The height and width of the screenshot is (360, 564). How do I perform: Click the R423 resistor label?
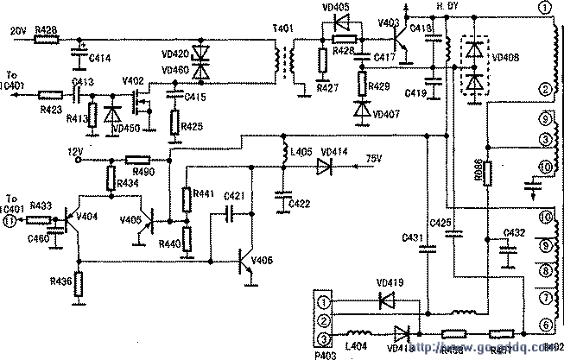(49, 110)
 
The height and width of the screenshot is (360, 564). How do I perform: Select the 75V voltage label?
(373, 157)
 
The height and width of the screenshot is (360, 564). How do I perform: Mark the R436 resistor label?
(60, 281)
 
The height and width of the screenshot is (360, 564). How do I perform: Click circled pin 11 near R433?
(10, 220)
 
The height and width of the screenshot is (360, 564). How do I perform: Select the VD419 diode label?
(390, 281)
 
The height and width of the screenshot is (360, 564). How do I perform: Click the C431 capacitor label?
(412, 238)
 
